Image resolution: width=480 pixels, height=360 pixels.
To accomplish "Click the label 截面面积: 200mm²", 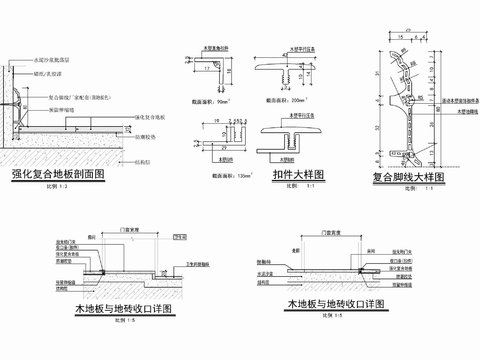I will [x=286, y=101].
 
